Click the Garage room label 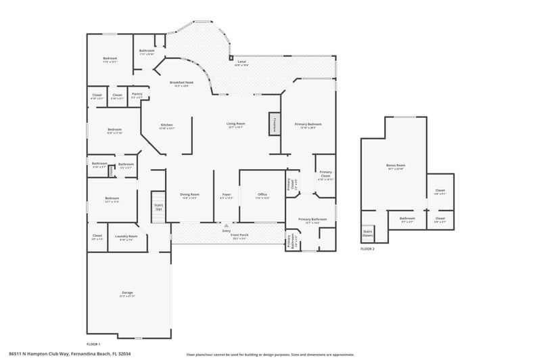pyautogui.click(x=128, y=294)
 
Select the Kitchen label pyautogui.click(x=166, y=126)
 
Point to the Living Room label pyautogui.click(x=235, y=125)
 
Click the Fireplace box pyautogui.click(x=275, y=124)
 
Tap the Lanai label pyautogui.click(x=241, y=63)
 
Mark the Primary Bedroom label pyautogui.click(x=308, y=125)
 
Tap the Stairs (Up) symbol pyautogui.click(x=158, y=206)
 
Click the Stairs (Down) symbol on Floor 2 pyautogui.click(x=369, y=233)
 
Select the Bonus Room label pyautogui.click(x=396, y=166)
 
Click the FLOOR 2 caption pyautogui.click(x=367, y=250)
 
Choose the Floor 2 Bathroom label pyautogui.click(x=407, y=219)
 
